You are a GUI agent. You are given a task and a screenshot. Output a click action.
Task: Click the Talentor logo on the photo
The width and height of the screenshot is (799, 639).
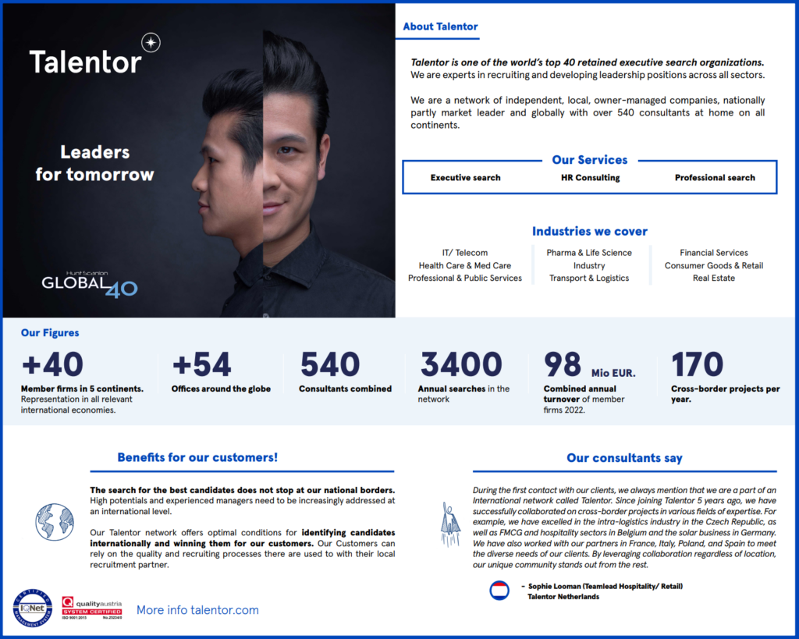[x=86, y=61]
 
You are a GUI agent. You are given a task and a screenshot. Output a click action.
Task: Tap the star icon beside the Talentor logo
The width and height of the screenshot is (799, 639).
[x=151, y=43]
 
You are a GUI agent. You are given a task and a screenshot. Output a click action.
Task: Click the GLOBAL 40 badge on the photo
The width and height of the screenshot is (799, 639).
[x=89, y=283]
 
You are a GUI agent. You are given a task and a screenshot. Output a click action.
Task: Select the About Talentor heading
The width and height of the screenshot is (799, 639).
[x=440, y=27]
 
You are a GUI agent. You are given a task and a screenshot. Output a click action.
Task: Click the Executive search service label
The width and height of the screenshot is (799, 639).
[x=466, y=178]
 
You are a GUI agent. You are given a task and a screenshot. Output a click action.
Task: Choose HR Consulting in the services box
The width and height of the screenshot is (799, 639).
[x=590, y=178]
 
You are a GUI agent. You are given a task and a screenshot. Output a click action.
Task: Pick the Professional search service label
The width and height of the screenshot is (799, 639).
[x=715, y=178]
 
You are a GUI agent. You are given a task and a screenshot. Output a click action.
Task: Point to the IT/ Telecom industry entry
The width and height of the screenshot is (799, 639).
[x=465, y=253]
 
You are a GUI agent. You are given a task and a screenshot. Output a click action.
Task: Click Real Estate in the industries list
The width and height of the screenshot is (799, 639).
[x=713, y=278]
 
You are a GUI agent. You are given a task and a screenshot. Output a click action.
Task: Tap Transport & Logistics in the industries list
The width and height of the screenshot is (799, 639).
[x=589, y=278]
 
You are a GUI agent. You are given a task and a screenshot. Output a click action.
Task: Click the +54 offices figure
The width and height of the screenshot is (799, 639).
[x=201, y=365]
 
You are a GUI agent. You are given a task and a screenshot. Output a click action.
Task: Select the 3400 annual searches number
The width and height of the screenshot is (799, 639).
[x=461, y=365]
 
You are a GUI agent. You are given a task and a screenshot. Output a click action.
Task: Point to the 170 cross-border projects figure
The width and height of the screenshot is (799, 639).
[x=698, y=365]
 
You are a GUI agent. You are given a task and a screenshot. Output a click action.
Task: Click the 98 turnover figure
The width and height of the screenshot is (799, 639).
[x=563, y=365]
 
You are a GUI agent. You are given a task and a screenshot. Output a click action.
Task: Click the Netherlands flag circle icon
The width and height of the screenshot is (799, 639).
[x=499, y=591]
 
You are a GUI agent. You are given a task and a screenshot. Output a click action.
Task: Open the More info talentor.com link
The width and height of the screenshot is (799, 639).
[x=197, y=610]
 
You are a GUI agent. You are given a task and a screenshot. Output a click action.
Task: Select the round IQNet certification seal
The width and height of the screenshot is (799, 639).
[x=33, y=609]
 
